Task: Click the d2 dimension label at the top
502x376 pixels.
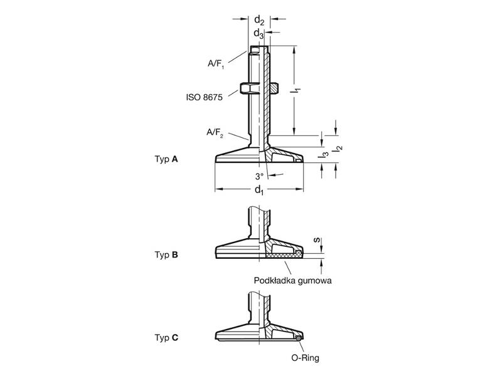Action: pos(259,21)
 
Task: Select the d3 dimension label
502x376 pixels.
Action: pos(259,33)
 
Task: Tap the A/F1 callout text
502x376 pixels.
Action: pos(216,64)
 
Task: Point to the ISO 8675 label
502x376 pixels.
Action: pos(205,97)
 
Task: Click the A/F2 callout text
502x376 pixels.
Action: pos(215,132)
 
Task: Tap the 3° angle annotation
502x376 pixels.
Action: pos(259,176)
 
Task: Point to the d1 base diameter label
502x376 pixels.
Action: pos(259,191)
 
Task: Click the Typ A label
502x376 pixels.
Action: pos(166,159)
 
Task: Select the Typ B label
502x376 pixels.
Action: pos(166,255)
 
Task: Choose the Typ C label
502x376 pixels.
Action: pos(166,338)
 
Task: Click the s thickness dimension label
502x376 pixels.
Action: pos(316,240)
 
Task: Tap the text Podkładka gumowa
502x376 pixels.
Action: pos(292,281)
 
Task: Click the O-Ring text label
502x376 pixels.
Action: pos(305,358)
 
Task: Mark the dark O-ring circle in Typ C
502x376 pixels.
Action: pos(299,338)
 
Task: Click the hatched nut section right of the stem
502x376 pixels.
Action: pos(274,88)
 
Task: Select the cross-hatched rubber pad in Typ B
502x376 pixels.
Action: pos(284,255)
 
